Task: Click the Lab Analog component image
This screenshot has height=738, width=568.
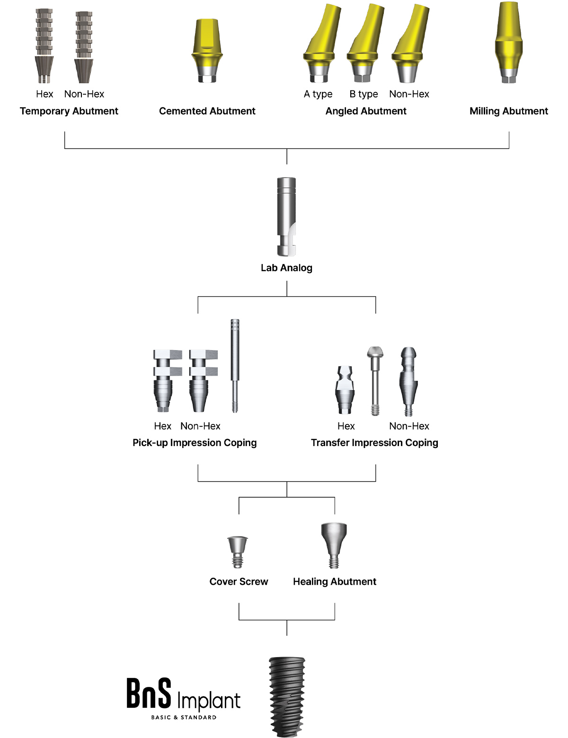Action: (x=286, y=216)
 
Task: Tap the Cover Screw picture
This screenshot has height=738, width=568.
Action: (x=238, y=552)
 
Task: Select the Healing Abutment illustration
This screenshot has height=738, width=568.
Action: (x=334, y=545)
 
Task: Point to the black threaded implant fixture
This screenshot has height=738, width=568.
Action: (x=287, y=697)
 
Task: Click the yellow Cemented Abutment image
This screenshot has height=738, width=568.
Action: (x=207, y=51)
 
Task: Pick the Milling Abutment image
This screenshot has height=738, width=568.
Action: (x=508, y=43)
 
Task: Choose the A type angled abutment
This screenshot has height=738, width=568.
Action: (x=321, y=44)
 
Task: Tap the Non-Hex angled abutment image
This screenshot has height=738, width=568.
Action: (x=409, y=44)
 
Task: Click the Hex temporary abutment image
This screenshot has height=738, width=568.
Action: (x=44, y=46)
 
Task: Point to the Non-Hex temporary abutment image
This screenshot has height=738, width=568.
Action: (x=84, y=47)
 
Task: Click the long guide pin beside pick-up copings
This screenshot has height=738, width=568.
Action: (x=235, y=366)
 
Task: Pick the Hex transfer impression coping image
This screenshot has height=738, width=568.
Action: (x=345, y=389)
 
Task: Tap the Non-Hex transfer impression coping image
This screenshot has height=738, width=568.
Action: (x=408, y=381)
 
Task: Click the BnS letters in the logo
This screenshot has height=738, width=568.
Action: (x=149, y=693)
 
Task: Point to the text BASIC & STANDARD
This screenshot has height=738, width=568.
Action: (x=184, y=717)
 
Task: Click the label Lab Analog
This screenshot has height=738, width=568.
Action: (x=286, y=268)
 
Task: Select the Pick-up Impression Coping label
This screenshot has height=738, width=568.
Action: (x=195, y=443)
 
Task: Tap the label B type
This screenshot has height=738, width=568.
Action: (x=364, y=94)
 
